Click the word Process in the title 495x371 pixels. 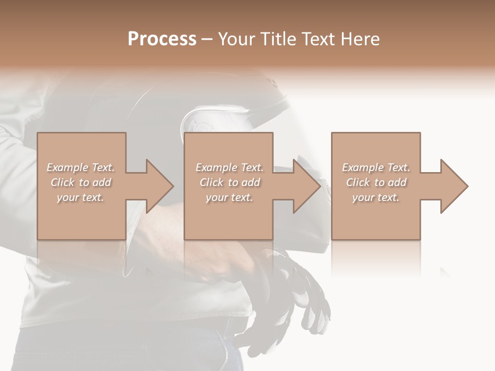[162, 39]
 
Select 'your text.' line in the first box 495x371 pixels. [80, 197]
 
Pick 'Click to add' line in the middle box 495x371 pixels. [229, 182]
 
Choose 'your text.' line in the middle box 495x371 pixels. [229, 197]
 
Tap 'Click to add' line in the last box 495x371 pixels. [376, 182]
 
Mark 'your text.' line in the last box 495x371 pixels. [376, 197]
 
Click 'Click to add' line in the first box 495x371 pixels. [80, 182]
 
